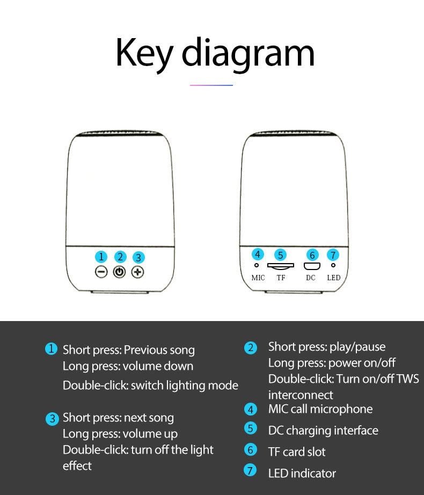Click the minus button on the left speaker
pyautogui.click(x=101, y=272)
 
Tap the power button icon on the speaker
pyautogui.click(x=119, y=272)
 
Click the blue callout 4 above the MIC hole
pyautogui.click(x=258, y=254)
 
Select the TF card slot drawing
pyautogui.click(x=281, y=266)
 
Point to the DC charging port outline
pyautogui.click(x=312, y=266)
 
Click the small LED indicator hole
pyautogui.click(x=333, y=266)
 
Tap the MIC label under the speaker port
pyautogui.click(x=258, y=278)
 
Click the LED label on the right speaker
pyautogui.click(x=334, y=278)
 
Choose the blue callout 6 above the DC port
pyautogui.click(x=312, y=255)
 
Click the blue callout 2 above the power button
pyautogui.click(x=120, y=257)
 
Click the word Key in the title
pyautogui.click(x=144, y=54)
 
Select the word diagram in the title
pyautogui.click(x=248, y=54)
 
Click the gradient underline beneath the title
pyautogui.click(x=211, y=85)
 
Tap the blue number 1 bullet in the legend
pyautogui.click(x=51, y=349)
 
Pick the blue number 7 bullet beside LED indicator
pyautogui.click(x=250, y=470)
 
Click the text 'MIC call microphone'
pyautogui.click(x=320, y=409)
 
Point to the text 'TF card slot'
pyautogui.click(x=297, y=452)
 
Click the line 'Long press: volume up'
pyautogui.click(x=120, y=434)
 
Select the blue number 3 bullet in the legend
pyautogui.click(x=52, y=419)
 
